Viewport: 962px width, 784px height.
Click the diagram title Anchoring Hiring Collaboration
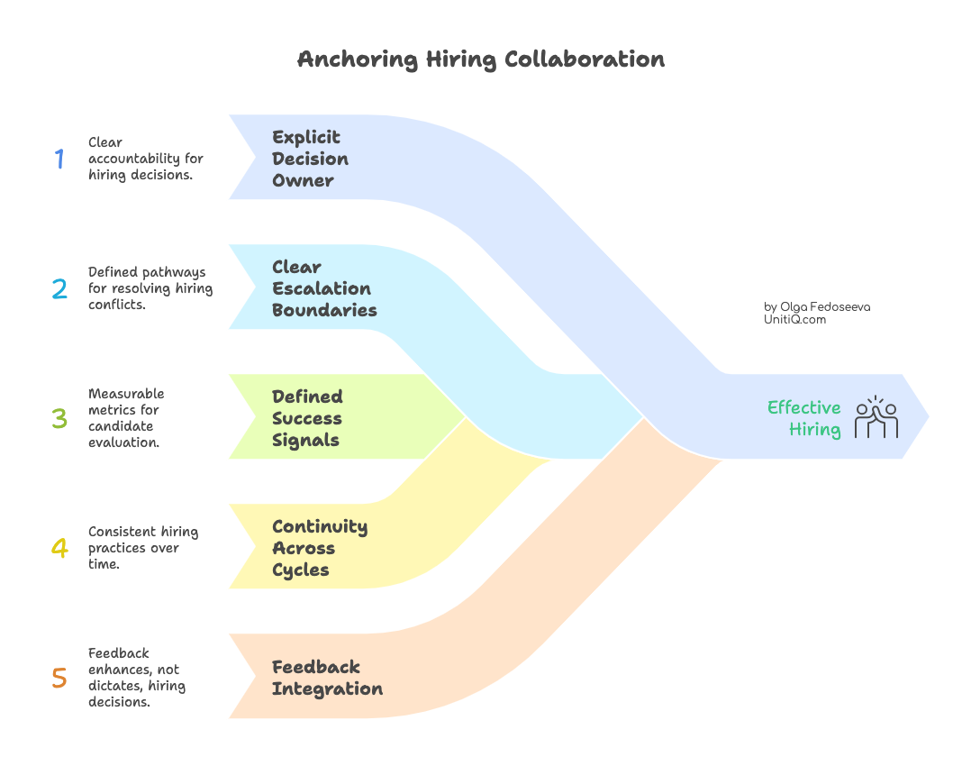coord(481,59)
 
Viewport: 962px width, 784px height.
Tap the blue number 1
coord(59,159)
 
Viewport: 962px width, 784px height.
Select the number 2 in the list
coord(59,288)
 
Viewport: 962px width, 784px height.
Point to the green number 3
coord(59,418)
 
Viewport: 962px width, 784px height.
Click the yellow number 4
coord(59,548)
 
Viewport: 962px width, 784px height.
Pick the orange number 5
coord(59,678)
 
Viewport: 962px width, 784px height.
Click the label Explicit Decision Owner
coord(310,159)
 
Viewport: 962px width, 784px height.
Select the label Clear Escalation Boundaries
coord(324,288)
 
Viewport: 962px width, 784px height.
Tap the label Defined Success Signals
coord(307,418)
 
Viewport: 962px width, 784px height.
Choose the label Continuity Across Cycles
coord(320,548)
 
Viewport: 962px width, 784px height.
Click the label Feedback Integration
coord(327,678)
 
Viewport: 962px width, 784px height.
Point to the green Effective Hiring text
coord(803,418)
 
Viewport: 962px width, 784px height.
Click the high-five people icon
coord(876,417)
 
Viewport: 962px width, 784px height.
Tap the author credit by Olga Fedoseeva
coord(817,306)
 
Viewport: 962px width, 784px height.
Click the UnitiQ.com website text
coord(794,320)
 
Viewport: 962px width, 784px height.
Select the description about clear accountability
coord(145,159)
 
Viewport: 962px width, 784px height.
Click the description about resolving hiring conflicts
coord(150,288)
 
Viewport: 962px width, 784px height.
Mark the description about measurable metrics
coord(126,418)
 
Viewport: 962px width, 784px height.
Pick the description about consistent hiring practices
coord(142,548)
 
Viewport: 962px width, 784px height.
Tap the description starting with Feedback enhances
coord(136,678)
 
